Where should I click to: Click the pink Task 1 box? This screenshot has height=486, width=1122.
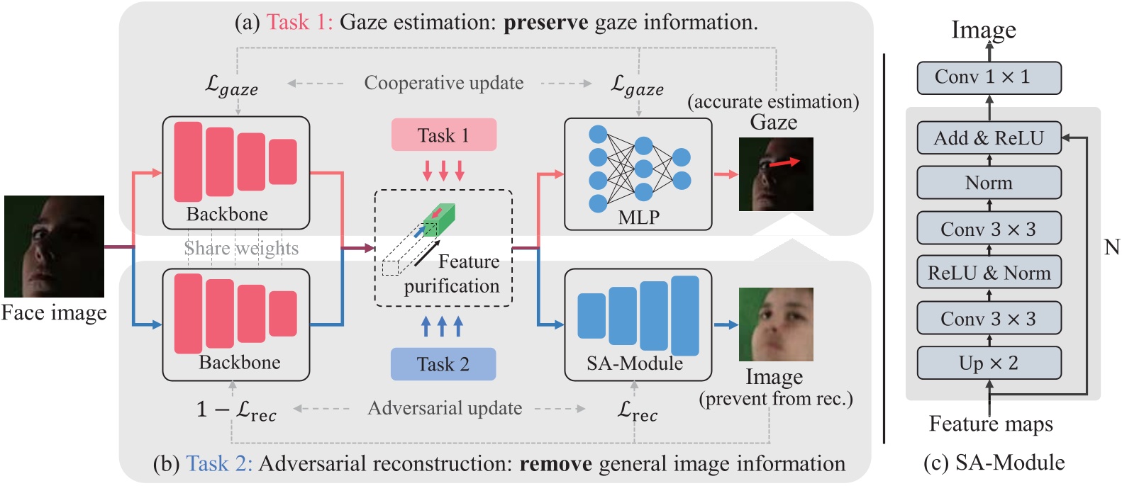[x=443, y=135]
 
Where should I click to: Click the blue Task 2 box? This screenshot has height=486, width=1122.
[x=443, y=364]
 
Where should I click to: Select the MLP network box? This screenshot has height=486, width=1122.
[x=638, y=174]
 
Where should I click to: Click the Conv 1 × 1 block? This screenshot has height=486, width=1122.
[x=989, y=77]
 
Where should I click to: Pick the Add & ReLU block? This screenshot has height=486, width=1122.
[x=989, y=138]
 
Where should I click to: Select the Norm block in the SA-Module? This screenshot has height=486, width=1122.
[x=989, y=183]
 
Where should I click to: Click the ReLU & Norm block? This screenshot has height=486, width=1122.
[x=989, y=273]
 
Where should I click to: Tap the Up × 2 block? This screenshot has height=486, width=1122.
[x=989, y=363]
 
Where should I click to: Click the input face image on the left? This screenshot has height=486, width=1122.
[x=54, y=246]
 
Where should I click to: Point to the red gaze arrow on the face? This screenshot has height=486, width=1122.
[x=784, y=163]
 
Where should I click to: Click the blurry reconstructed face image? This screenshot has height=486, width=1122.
[x=776, y=324]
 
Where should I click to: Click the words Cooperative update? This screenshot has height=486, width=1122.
[x=444, y=83]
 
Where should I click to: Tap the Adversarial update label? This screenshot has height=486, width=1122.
[x=445, y=408]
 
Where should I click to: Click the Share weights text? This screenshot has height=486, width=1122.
[x=241, y=248]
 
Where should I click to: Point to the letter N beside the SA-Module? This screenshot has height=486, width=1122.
[x=1111, y=247]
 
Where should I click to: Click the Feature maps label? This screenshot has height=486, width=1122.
[x=991, y=424]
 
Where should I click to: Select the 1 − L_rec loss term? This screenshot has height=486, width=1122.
[x=236, y=410]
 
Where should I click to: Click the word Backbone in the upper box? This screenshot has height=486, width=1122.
[x=227, y=214]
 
